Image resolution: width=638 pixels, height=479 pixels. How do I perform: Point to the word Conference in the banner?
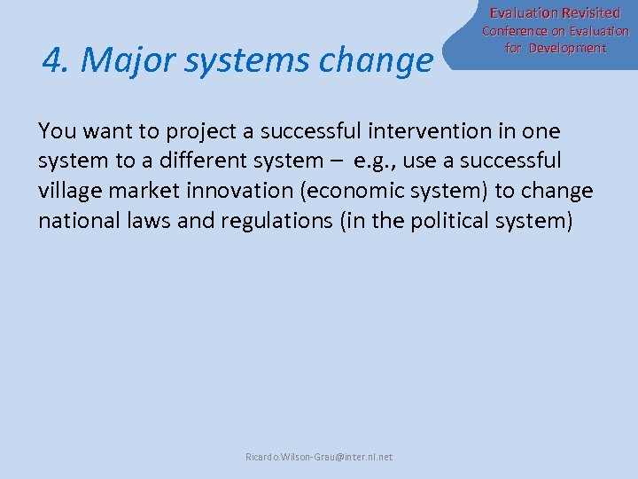pos(515,31)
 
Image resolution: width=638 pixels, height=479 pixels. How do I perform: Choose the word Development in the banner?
pos(567,48)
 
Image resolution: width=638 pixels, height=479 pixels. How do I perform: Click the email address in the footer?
pos(319,457)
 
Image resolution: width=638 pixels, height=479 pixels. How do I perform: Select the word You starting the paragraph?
pos(55,131)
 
